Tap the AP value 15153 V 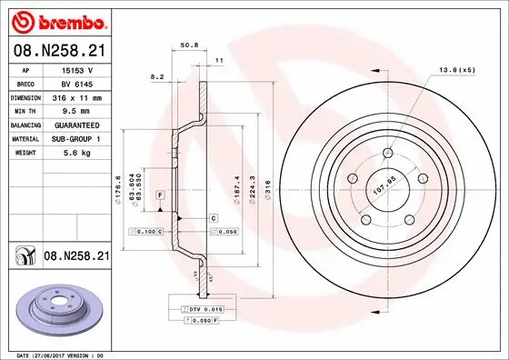point(77,70)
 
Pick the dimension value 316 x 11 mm point(77,97)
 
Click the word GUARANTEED point(77,125)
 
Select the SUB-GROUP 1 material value point(77,138)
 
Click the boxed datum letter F point(160,195)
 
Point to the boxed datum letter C point(213,218)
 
